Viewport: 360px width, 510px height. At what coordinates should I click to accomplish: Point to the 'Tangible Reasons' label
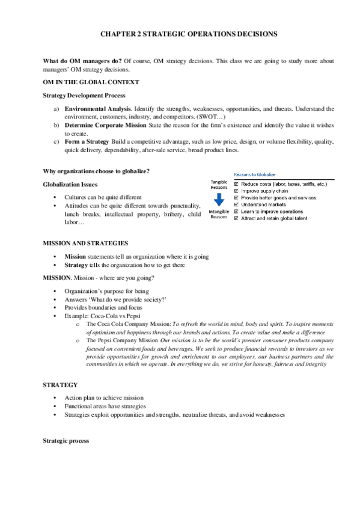218,184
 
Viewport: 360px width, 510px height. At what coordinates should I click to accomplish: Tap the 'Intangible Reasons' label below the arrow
218,214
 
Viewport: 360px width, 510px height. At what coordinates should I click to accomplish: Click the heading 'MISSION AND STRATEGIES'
85,243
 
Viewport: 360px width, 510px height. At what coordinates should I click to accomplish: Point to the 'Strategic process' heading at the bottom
66,440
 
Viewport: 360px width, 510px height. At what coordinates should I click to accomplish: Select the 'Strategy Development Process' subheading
84,95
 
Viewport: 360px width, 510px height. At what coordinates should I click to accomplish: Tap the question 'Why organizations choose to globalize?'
96,171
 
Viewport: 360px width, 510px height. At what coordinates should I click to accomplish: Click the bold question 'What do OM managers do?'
81,61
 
